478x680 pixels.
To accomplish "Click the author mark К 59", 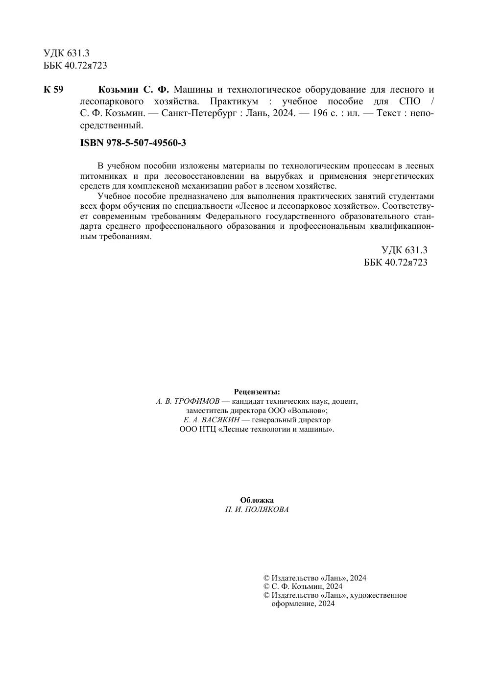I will click(53, 90).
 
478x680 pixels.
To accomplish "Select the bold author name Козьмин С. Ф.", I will click(133, 90).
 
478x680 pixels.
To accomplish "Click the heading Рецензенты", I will click(257, 392).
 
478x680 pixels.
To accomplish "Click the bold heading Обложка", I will click(257, 500).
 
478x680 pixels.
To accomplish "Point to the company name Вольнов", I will click(310, 411).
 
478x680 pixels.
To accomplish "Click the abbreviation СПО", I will click(409, 101).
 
